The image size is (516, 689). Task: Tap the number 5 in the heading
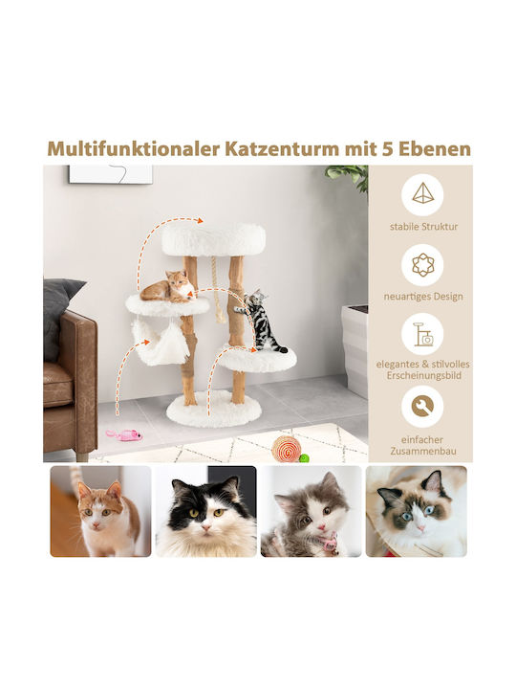[x=387, y=149]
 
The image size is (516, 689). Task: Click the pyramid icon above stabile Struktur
[x=422, y=194]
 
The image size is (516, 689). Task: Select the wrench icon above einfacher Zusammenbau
[x=422, y=407]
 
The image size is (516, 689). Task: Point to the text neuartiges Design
[x=423, y=297]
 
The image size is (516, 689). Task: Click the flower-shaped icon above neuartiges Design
[x=422, y=265]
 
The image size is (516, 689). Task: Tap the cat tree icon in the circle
[x=422, y=334]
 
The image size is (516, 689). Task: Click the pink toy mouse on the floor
[x=124, y=434]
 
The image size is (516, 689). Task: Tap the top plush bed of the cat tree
[x=214, y=239]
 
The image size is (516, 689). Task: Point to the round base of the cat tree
[x=214, y=409]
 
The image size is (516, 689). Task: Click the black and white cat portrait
[x=205, y=511]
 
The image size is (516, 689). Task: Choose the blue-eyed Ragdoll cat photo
[x=417, y=511]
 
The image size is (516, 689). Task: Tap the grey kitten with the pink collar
[x=312, y=511]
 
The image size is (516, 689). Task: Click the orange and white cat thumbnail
[x=100, y=511]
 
